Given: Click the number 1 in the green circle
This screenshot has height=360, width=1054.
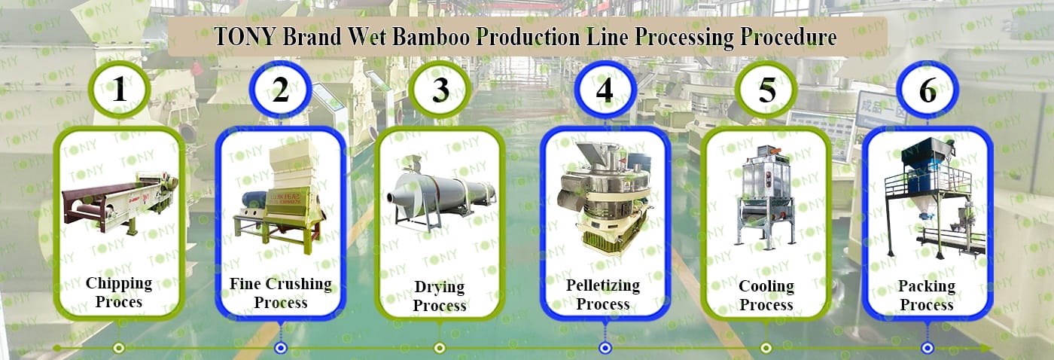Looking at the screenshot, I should click(x=119, y=90).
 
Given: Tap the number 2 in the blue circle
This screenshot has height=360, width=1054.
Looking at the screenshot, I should click(x=281, y=90).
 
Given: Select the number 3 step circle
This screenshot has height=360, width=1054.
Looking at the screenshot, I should click(x=440, y=90).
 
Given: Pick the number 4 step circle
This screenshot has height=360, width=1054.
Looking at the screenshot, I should click(x=605, y=90).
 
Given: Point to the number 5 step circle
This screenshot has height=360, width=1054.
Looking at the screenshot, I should click(x=766, y=90).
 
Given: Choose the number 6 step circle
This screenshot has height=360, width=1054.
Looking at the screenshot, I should click(x=928, y=90).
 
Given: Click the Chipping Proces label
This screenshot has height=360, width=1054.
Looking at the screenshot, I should click(x=119, y=292).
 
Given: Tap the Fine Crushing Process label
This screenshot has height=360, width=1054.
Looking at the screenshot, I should click(x=281, y=293).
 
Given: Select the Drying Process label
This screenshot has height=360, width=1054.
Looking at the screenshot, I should click(x=440, y=296).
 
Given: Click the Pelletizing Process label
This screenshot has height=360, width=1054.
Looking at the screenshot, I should click(x=603, y=294).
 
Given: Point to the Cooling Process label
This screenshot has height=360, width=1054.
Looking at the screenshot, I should click(x=766, y=295).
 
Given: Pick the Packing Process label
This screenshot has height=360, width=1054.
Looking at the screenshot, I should click(x=927, y=295).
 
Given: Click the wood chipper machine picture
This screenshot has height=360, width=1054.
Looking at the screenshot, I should click(x=119, y=199).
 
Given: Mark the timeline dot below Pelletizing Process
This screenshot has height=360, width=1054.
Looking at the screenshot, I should click(x=605, y=348).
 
